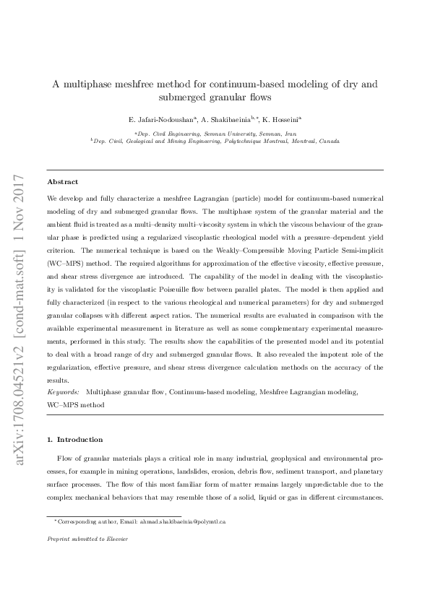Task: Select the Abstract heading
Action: [x=63, y=182]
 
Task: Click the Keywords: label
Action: [x=63, y=391]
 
